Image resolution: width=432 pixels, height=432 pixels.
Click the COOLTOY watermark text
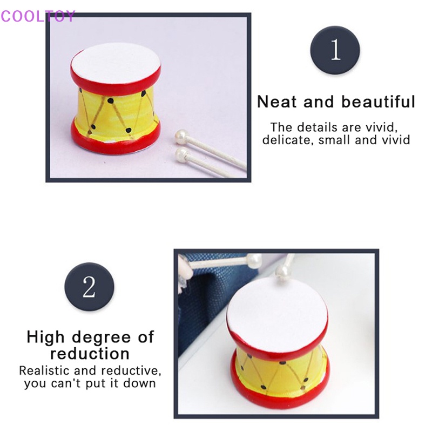[38, 16]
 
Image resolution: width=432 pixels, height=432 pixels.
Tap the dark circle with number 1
[335, 50]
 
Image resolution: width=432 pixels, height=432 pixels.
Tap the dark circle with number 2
[89, 287]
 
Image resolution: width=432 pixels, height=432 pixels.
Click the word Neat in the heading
[277, 102]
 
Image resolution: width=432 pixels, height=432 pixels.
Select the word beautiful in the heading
[377, 102]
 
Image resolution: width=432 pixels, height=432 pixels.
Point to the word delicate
[283, 140]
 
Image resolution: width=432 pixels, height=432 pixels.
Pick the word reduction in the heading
[90, 354]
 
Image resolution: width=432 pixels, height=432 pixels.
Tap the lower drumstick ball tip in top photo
[180, 156]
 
